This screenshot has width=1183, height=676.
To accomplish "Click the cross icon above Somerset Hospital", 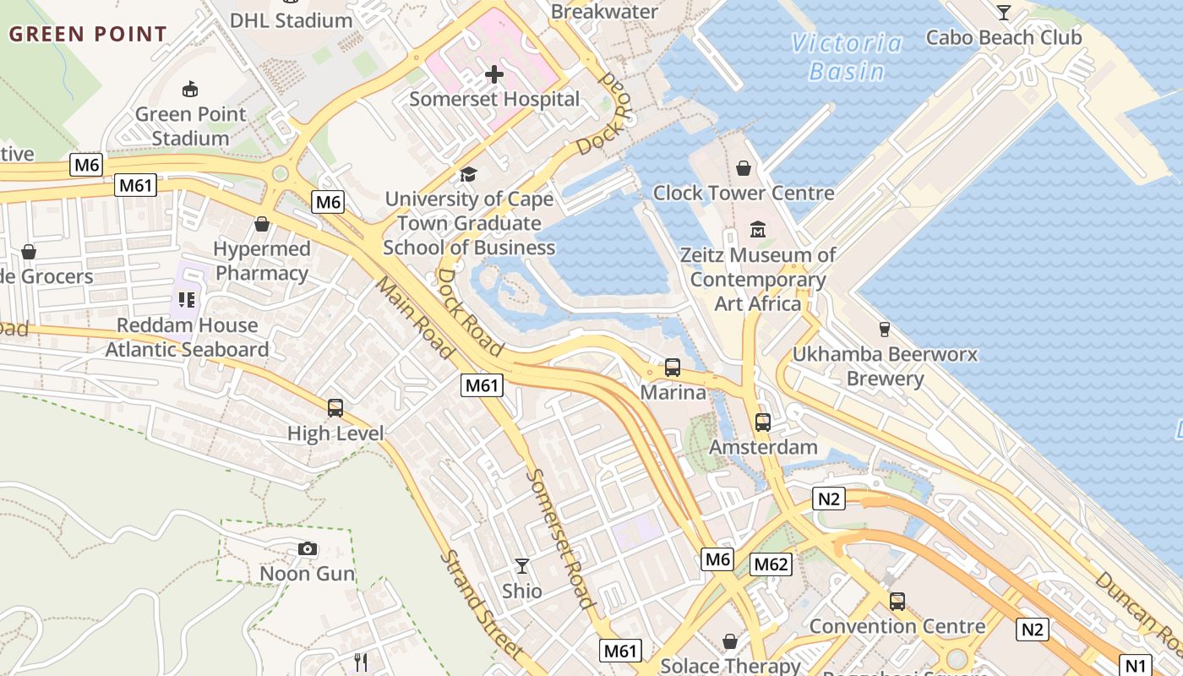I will [x=494, y=74].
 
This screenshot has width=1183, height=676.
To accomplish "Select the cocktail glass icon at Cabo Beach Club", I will [x=1003, y=13].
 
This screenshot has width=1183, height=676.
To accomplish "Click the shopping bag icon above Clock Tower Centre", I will [x=744, y=168].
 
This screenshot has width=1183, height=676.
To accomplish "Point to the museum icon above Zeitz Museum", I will [x=758, y=229].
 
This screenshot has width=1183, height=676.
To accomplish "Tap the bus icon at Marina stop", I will [x=673, y=368].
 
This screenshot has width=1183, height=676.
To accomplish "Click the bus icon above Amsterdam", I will [x=763, y=422].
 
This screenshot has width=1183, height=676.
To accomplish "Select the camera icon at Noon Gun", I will [x=308, y=549].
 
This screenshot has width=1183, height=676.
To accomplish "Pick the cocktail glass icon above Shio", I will [x=522, y=565].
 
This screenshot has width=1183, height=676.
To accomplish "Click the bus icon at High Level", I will [x=335, y=408].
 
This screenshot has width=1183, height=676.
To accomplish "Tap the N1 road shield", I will [x=1136, y=664].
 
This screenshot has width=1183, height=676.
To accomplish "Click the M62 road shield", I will [x=771, y=564].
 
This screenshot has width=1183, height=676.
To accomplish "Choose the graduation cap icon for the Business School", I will [x=468, y=175].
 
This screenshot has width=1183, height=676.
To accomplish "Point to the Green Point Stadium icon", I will [x=190, y=89].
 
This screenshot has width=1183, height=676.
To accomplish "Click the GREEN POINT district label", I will [x=88, y=35].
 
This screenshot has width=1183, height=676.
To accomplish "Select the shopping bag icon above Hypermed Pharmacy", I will [x=262, y=224].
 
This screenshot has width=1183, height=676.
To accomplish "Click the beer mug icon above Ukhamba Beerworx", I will [x=885, y=329].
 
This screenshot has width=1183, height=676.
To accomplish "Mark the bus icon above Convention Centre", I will [x=897, y=602].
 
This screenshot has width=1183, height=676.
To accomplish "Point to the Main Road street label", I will [x=413, y=318].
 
